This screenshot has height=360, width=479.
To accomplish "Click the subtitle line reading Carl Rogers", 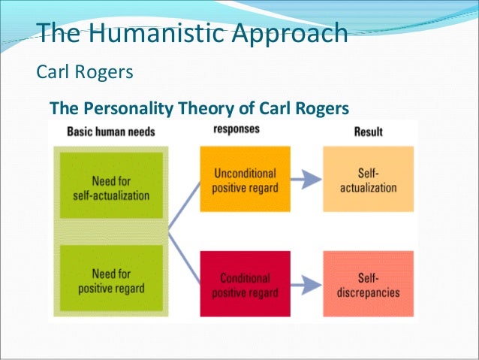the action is pyautogui.click(x=85, y=73).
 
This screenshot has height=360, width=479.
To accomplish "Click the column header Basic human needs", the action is pyautogui.click(x=111, y=132).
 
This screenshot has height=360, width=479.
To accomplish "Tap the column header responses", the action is pyautogui.click(x=236, y=129).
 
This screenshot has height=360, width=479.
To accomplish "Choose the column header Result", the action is pyautogui.click(x=368, y=132).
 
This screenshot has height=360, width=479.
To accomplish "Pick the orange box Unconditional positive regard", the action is pyautogui.click(x=245, y=180).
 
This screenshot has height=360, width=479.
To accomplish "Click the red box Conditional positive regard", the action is pyautogui.click(x=245, y=284).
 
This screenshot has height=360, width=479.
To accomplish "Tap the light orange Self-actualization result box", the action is pyautogui.click(x=368, y=180).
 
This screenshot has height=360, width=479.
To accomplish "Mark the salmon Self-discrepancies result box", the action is pyautogui.click(x=368, y=284).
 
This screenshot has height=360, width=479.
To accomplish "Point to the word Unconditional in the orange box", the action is pyautogui.click(x=246, y=172).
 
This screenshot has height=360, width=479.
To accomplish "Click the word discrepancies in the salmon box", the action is pyautogui.click(x=369, y=292).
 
